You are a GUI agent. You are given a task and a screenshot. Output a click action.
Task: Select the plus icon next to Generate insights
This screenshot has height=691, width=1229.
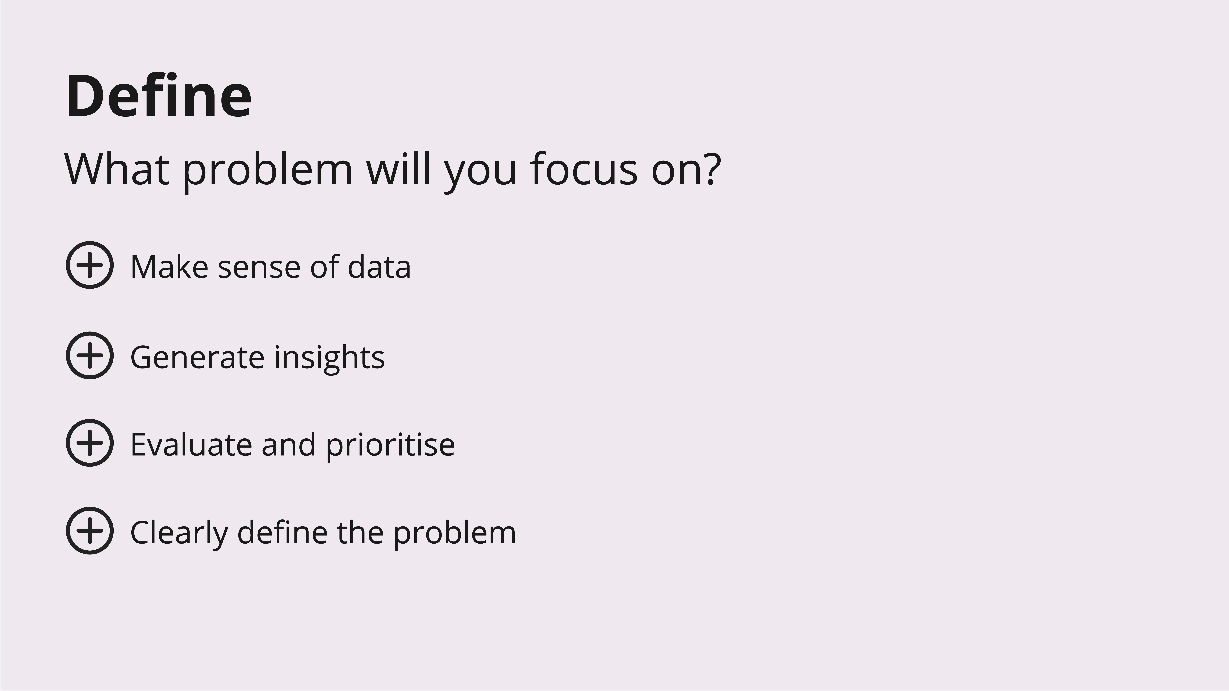pyautogui.click(x=90, y=355)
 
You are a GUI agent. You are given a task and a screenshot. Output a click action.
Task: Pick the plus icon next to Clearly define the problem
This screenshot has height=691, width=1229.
pyautogui.click(x=90, y=530)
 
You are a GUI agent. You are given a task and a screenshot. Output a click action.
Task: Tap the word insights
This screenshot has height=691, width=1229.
pyautogui.click(x=329, y=358)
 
